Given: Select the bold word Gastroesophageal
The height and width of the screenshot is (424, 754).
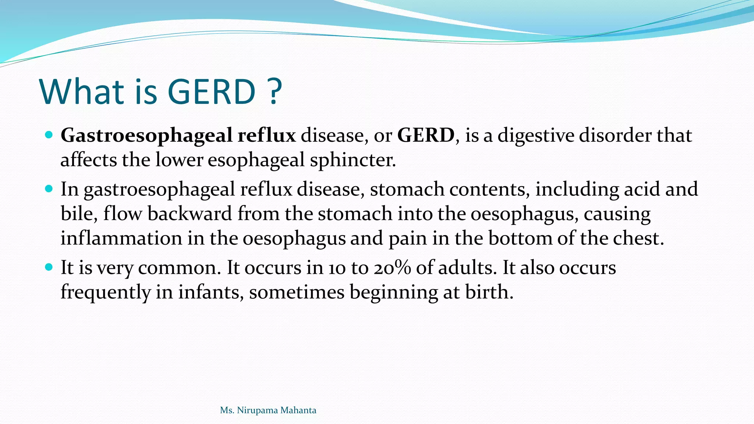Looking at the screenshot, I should pos(146,135).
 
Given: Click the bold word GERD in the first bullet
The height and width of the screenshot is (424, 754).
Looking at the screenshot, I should pos(426,135).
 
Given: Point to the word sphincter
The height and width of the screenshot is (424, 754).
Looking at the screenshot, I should pos(353,160).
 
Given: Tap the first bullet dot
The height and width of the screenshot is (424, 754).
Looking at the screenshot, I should pos(49,135).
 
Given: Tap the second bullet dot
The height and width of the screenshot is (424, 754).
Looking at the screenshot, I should pos(49,189).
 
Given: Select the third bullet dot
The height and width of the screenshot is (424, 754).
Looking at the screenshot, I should pos(49,267).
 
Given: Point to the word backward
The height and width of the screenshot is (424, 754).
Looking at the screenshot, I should pos(189,213).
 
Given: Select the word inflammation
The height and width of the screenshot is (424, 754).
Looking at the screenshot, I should pos(121,238).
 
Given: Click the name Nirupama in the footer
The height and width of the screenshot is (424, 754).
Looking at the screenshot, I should pos(256,410).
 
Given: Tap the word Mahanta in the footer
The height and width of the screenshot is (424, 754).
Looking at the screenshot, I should pos(298,410).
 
